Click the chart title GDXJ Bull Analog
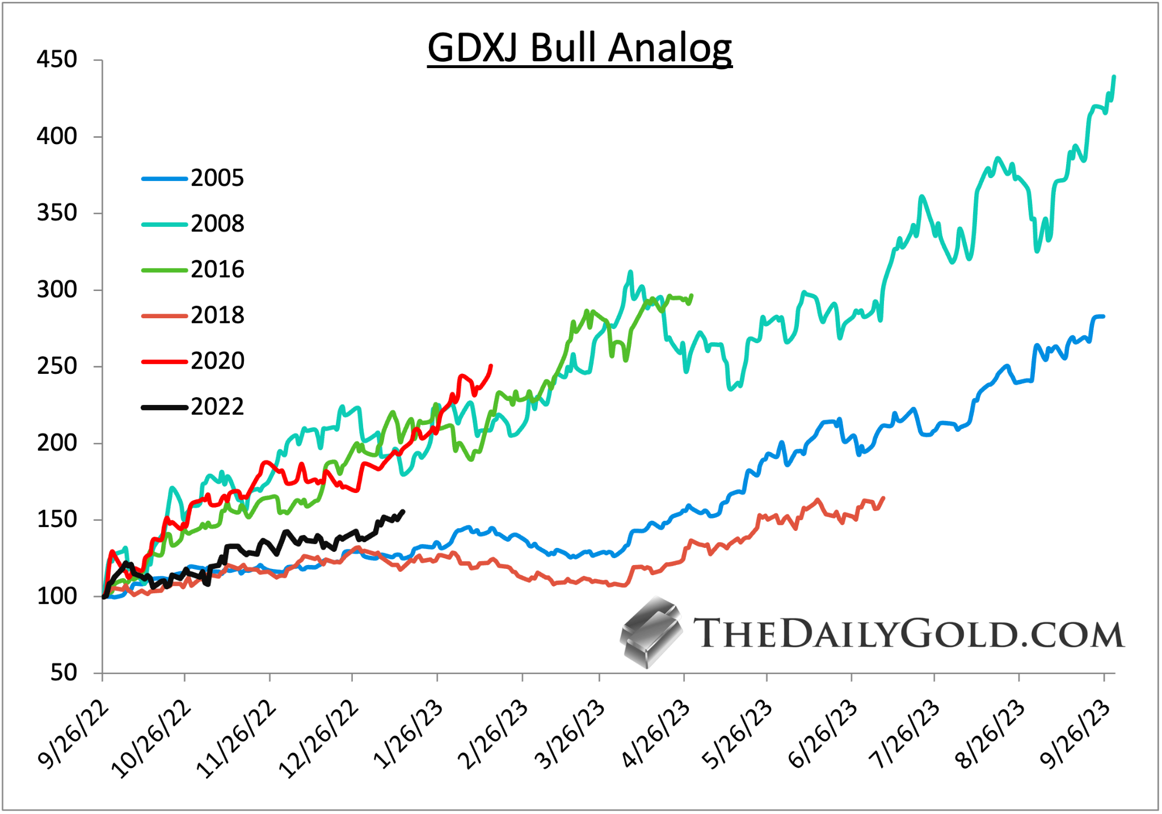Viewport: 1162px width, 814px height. [x=579, y=48]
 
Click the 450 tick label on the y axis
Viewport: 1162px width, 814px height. [x=57, y=60]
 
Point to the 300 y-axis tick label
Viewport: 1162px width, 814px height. [x=57, y=290]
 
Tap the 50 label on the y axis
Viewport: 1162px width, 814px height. [x=64, y=673]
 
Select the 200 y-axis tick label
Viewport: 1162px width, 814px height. [x=57, y=443]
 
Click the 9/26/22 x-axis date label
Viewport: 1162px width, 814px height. [x=74, y=735]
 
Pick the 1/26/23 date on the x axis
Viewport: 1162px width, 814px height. [x=410, y=735]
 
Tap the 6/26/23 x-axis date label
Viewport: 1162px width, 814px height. [x=824, y=735]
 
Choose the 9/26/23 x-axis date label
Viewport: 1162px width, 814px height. [x=1076, y=735]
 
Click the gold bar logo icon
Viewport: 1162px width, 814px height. [x=651, y=632]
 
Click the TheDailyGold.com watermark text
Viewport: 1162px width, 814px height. [x=908, y=634]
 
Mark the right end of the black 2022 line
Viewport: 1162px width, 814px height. [x=403, y=511]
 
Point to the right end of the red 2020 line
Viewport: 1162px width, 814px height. [x=491, y=366]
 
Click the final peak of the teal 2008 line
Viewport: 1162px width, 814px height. [x=1114, y=77]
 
